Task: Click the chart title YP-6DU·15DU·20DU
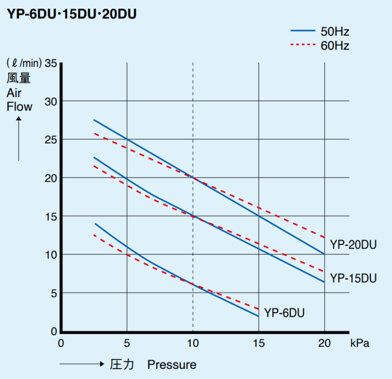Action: [x=71, y=14]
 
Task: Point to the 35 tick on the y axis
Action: [x=51, y=63]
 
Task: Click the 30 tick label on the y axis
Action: [x=51, y=101]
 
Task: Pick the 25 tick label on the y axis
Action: [x=51, y=139]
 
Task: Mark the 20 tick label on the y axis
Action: [x=51, y=178]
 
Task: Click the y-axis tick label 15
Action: [x=51, y=216]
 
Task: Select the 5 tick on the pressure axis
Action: [x=127, y=343]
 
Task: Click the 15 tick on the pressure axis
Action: [x=259, y=343]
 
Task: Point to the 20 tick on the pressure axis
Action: [x=324, y=343]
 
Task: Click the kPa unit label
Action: [x=359, y=343]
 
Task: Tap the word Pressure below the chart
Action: [x=171, y=365]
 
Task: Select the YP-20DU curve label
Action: [x=353, y=245]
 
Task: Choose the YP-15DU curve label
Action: [x=353, y=279]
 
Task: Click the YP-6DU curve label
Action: [x=284, y=313]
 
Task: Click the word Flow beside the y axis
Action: [x=19, y=107]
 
